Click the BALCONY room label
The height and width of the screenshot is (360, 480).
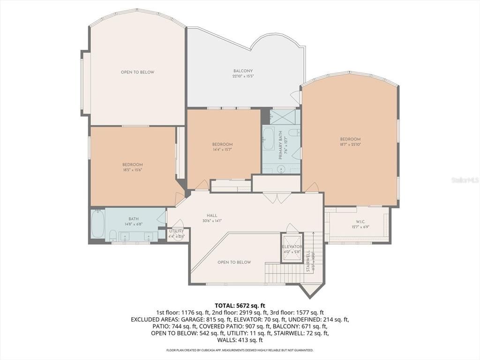pos(243,71)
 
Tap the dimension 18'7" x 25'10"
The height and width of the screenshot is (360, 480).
pos(350,144)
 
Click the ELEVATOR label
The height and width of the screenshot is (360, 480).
pos(292,247)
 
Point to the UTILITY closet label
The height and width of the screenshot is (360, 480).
pos(176,231)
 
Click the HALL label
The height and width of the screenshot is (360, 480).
pos(212,216)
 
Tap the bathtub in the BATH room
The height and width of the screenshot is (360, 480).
pos(98,224)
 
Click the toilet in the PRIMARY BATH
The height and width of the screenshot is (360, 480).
pos(294,133)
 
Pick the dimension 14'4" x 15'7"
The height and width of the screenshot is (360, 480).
pos(222,150)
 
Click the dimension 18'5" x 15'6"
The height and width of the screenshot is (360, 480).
pos(132,170)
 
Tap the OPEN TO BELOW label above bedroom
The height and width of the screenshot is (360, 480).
pos(137,72)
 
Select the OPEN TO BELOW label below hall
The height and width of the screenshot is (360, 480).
pos(234,262)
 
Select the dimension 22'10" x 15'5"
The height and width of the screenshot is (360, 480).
pos(243,76)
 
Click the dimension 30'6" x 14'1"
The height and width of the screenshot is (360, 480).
pos(212,220)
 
